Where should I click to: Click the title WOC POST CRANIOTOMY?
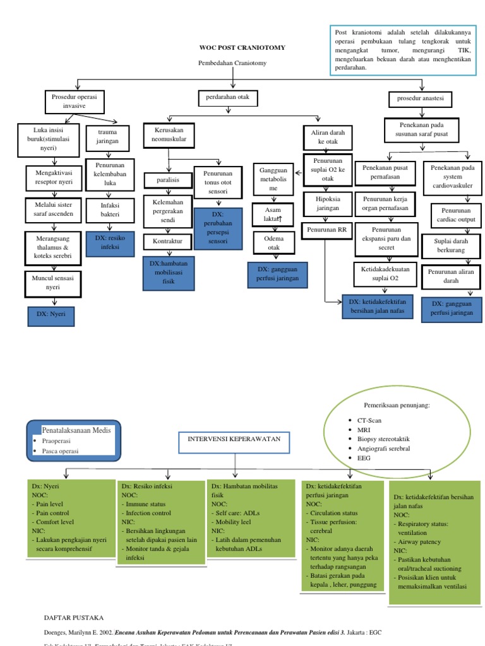(234, 47)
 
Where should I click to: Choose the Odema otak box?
(272, 242)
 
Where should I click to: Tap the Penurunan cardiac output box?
(452, 214)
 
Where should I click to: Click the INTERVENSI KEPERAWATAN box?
(234, 437)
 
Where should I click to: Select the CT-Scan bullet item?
(370, 420)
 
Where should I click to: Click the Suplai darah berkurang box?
(452, 245)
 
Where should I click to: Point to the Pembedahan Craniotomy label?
(232, 63)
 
